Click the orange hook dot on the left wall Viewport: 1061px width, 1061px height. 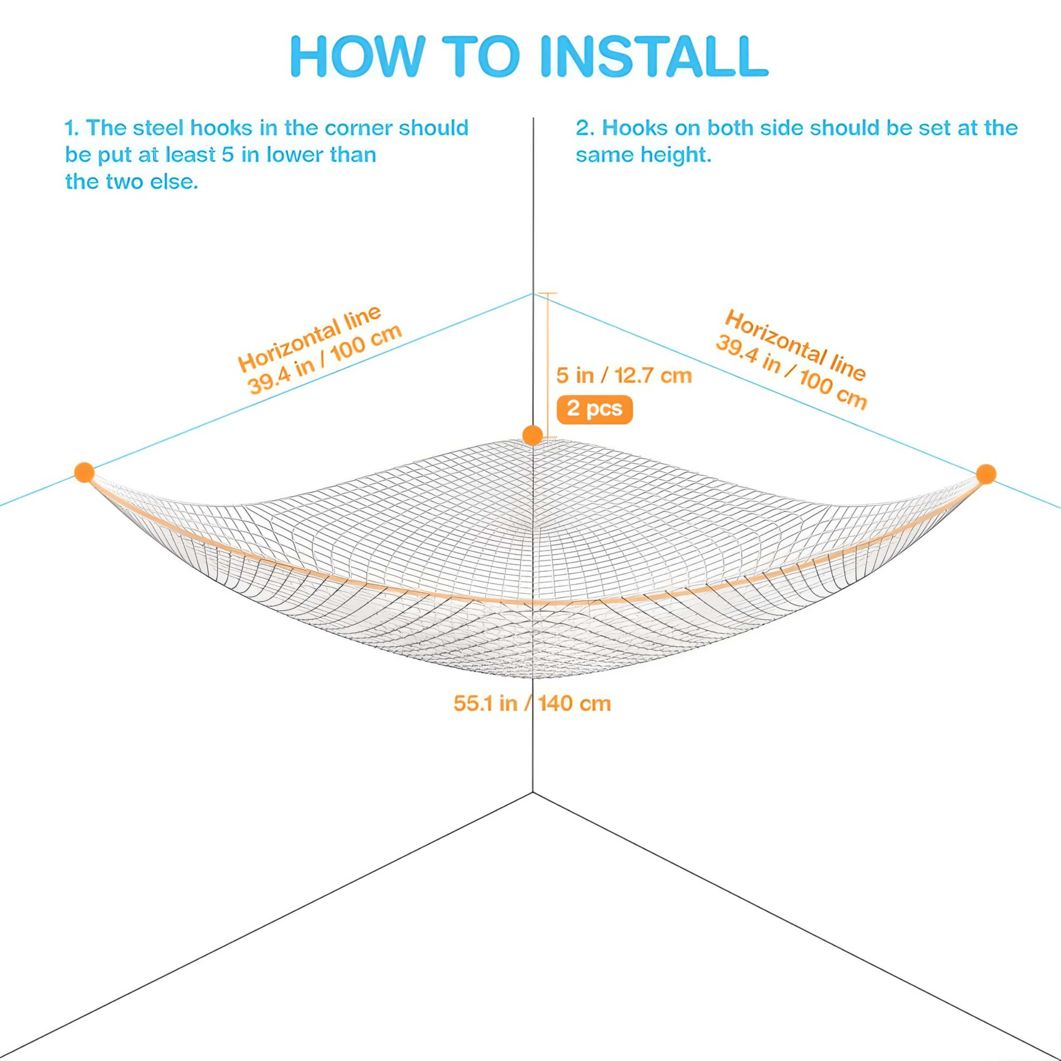84,472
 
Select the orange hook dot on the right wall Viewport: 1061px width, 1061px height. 986,474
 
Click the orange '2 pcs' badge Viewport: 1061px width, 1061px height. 595,409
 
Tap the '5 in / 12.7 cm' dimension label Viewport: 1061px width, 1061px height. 624,376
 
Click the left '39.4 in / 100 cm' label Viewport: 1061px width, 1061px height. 325,360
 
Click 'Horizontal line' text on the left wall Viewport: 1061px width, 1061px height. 309,338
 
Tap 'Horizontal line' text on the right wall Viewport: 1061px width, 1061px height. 795,345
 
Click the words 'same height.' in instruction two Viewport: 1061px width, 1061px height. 643,155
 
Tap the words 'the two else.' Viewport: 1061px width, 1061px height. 131,181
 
